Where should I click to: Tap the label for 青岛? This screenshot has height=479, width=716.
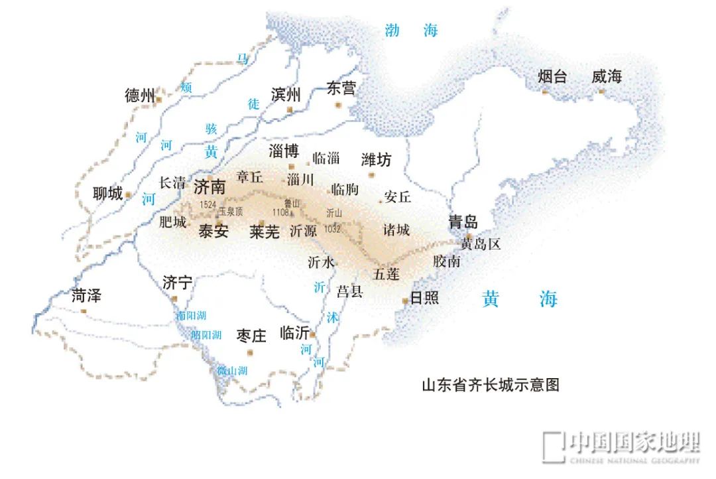[x=463, y=222]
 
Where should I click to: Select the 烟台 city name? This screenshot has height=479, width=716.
[x=552, y=76]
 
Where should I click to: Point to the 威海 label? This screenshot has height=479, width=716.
[x=607, y=76]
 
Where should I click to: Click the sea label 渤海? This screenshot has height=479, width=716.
[x=411, y=30]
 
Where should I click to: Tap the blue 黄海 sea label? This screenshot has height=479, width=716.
[x=520, y=299]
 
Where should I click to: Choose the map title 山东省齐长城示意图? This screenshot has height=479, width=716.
[x=491, y=385]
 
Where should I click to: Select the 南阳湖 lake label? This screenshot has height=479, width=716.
[x=191, y=316]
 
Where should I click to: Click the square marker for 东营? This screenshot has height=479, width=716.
[x=337, y=105]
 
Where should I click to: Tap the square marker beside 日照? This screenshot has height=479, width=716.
[x=405, y=301]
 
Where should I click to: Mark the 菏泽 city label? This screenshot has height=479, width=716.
[x=86, y=296]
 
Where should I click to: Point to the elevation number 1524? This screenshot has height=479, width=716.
[x=208, y=205]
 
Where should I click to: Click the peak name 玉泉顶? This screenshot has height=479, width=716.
[x=231, y=212]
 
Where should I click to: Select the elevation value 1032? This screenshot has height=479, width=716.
[x=332, y=229]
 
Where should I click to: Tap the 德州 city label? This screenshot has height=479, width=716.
[x=140, y=96]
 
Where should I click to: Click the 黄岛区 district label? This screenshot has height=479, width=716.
[x=481, y=244]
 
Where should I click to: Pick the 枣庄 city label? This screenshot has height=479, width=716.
[x=251, y=336]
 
